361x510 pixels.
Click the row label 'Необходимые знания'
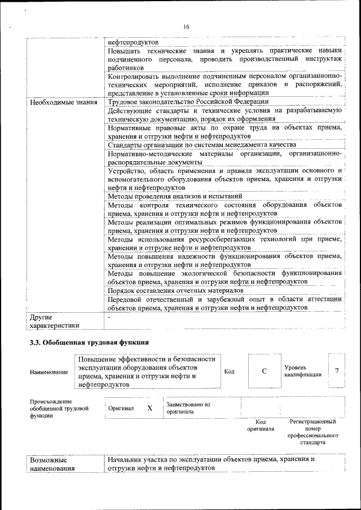click(62, 102)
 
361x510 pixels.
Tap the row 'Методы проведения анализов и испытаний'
click(175, 196)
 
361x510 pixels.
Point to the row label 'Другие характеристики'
click(55, 321)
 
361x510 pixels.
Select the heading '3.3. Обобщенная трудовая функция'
click(89, 343)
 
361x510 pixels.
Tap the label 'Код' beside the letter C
click(230, 371)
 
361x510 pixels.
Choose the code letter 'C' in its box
click(264, 371)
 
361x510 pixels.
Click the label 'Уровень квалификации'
click(303, 371)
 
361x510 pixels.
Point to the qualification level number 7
click(337, 371)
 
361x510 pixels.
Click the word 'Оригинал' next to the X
click(122, 409)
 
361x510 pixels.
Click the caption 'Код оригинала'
click(261, 425)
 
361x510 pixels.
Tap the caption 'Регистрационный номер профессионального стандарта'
click(312, 432)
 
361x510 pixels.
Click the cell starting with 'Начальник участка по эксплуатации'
click(212, 464)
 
